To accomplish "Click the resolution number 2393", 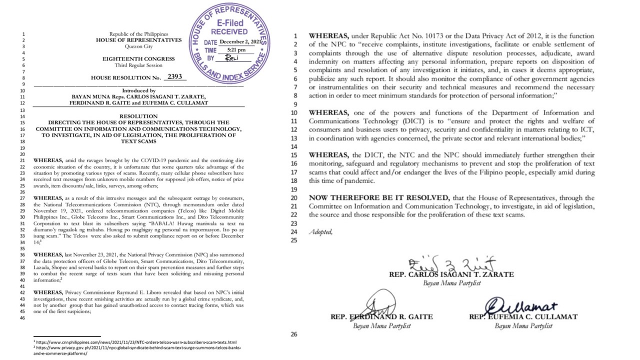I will point(175,77).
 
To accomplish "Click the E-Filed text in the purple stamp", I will point(230,23).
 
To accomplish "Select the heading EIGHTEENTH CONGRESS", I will point(139,59).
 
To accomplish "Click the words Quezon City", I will point(138,46).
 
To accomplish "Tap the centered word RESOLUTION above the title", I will point(138,115).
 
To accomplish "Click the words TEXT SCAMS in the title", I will point(138,141).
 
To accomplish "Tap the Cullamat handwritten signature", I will point(520,304).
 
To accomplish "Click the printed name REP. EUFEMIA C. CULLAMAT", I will point(523,317).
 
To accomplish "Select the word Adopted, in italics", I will point(320,231).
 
